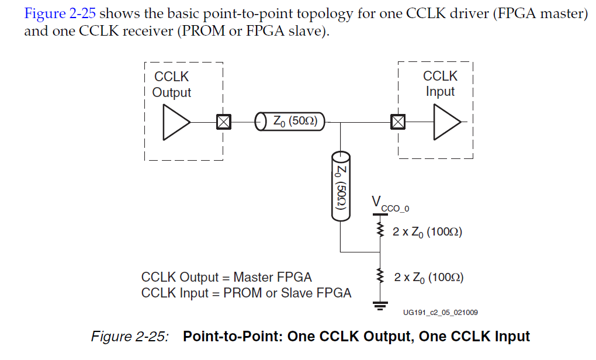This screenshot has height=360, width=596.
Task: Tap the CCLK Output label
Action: (x=171, y=84)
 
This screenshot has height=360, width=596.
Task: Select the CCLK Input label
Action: (x=440, y=84)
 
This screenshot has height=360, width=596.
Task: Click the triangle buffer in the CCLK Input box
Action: (x=446, y=122)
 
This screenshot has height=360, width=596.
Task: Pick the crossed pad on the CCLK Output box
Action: (x=223, y=122)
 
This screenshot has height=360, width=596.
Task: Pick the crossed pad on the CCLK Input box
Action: (x=398, y=122)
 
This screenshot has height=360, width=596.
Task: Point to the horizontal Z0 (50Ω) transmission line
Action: (x=290, y=122)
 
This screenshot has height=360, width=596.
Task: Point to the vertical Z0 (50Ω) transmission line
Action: (x=340, y=185)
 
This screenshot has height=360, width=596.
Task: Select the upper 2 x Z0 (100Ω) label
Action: (x=427, y=231)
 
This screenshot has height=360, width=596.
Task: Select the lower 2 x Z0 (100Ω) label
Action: (x=428, y=277)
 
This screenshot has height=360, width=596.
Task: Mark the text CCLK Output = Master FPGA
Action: (x=227, y=277)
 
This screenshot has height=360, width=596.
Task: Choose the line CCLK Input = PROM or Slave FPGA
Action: (x=246, y=293)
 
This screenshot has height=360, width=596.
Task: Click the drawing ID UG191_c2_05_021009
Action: (x=440, y=313)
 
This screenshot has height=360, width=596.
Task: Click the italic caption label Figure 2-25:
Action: (x=130, y=337)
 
